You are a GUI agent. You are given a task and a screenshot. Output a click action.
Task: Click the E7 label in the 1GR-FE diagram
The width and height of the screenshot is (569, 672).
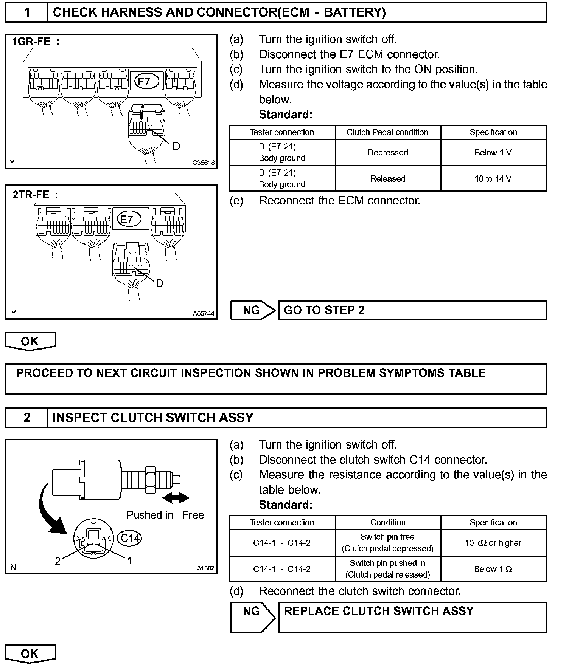144,81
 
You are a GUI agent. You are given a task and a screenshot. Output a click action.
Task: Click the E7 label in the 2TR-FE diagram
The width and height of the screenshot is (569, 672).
127,219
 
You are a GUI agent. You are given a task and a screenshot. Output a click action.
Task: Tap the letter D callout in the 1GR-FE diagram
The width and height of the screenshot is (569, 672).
176,146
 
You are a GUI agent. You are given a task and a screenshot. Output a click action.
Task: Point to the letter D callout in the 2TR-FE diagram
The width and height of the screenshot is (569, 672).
160,283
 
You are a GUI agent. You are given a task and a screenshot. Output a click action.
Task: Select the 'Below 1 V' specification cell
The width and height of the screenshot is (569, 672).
493,153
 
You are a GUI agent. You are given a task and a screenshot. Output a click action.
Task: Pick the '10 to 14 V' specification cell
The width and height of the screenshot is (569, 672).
493,178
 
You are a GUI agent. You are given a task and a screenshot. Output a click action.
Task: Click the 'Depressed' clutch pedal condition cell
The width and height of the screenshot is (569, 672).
388,153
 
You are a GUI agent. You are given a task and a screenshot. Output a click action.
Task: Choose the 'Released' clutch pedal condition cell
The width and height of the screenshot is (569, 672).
388,178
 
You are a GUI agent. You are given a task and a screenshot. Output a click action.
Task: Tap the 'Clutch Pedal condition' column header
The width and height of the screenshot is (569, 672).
387,132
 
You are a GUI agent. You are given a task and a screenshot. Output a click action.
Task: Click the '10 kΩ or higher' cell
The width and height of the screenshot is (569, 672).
493,543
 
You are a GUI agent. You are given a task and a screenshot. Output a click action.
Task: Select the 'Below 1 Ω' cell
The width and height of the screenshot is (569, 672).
493,569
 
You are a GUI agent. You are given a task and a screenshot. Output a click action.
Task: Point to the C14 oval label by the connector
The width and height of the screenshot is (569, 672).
129,537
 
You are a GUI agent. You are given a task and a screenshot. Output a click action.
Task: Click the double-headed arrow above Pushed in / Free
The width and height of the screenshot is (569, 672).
176,498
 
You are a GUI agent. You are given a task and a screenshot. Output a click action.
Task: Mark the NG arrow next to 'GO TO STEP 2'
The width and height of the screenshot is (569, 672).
253,310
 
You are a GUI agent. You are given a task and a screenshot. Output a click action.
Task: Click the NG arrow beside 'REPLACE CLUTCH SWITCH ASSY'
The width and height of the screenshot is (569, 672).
253,617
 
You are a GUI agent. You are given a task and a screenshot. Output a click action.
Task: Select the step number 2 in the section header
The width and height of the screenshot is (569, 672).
27,418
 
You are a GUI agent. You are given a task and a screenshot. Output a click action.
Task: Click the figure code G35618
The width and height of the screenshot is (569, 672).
204,163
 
